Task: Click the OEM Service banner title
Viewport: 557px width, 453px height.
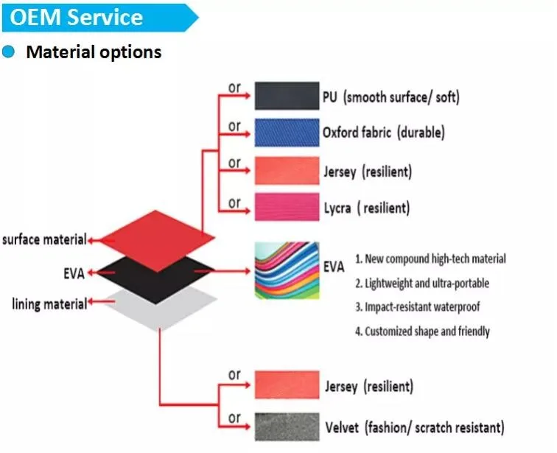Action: coord(76,17)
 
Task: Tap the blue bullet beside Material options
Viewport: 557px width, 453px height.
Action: coord(8,52)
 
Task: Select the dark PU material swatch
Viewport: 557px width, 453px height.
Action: coord(287,96)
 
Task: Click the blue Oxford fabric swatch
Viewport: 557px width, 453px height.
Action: coord(287,133)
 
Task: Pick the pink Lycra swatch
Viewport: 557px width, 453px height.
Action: coord(287,207)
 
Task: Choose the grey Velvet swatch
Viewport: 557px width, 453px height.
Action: coord(287,426)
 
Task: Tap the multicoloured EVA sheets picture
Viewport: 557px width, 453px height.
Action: coord(287,270)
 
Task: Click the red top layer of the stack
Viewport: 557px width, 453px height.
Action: coord(157,239)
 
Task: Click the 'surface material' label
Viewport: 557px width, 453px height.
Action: coord(44,239)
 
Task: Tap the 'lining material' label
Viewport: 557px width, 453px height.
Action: coord(49,304)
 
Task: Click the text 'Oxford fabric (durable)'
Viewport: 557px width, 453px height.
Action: coord(384,133)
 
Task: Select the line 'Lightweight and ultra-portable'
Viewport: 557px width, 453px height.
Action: coord(422,284)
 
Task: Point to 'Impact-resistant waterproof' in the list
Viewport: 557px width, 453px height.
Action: coord(418,306)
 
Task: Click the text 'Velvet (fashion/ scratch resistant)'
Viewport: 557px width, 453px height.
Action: coord(415,427)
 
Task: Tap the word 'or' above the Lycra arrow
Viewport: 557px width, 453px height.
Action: coord(234,203)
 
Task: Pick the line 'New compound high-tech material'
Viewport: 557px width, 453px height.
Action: coord(430,259)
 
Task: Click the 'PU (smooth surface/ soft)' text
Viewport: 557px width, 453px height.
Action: coord(391,97)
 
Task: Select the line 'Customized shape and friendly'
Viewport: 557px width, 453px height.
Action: coord(423,331)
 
